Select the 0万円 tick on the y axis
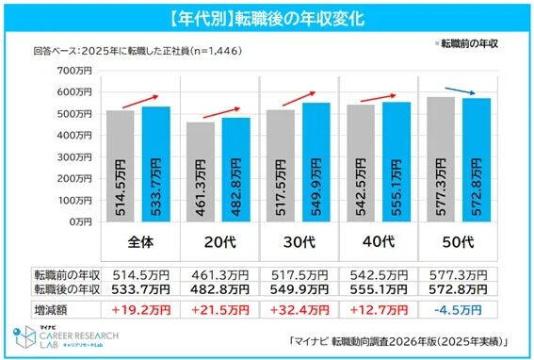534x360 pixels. coord(74,221)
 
